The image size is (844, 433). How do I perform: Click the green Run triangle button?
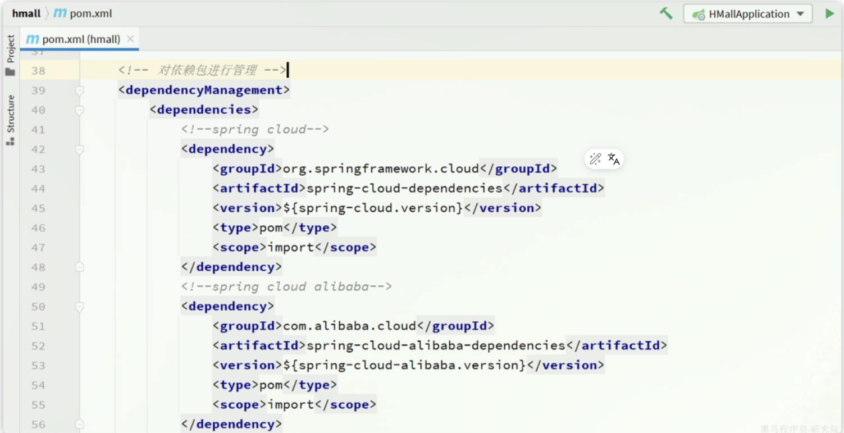829,13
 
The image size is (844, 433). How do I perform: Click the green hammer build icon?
666,13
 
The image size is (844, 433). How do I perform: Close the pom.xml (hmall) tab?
130,39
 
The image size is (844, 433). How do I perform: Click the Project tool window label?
11,49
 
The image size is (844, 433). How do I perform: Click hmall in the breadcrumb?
26,13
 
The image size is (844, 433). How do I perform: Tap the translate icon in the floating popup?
614,159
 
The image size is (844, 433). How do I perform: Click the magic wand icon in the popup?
595,159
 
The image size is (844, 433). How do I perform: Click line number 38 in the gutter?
38,71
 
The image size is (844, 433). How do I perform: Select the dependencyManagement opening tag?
204,90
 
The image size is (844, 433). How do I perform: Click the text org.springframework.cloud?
381,168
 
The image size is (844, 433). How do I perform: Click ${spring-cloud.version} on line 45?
373,208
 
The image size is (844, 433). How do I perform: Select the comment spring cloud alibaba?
286,286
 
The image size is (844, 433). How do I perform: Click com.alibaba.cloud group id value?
349,326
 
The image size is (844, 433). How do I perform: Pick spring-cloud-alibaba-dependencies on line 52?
436,345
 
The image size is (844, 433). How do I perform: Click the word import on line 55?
290,404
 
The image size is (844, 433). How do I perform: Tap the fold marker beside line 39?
80,90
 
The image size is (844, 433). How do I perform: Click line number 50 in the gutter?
38,307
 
